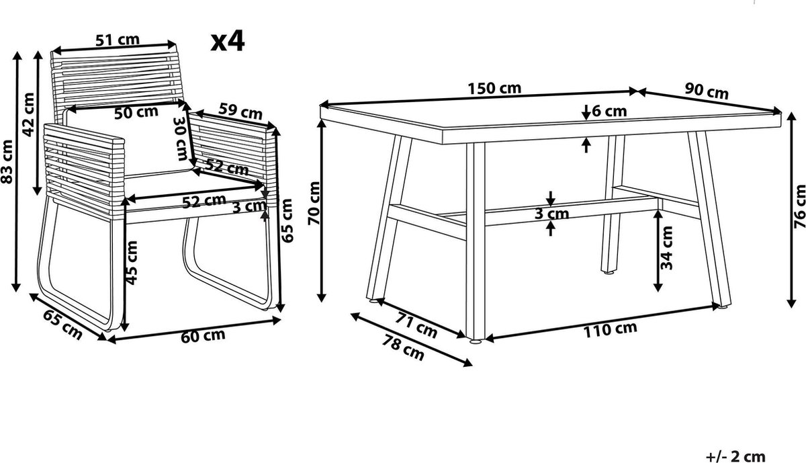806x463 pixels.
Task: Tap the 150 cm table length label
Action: [x=494, y=88]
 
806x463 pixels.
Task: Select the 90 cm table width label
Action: [x=707, y=91]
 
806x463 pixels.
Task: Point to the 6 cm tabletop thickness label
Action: [x=609, y=112]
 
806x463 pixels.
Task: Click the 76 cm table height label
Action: [x=799, y=206]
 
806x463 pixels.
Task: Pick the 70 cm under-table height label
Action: [x=314, y=204]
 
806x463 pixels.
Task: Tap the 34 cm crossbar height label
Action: [x=666, y=248]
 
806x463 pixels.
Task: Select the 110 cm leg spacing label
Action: [x=610, y=330]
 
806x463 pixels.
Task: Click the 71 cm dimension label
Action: [x=416, y=325]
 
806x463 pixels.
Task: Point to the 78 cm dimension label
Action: [x=402, y=347]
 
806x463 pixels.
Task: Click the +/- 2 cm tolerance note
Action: [x=735, y=456]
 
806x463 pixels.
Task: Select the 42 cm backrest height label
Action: [x=28, y=115]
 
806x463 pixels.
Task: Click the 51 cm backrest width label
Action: [x=118, y=40]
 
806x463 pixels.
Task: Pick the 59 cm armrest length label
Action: [x=240, y=111]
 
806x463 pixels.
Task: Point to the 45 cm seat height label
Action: [x=132, y=263]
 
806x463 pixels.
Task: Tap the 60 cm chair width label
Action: [x=203, y=335]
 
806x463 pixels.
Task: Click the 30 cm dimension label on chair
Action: [x=181, y=139]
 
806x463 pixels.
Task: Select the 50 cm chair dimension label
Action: [x=136, y=112]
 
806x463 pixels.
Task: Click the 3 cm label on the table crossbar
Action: [x=551, y=214]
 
